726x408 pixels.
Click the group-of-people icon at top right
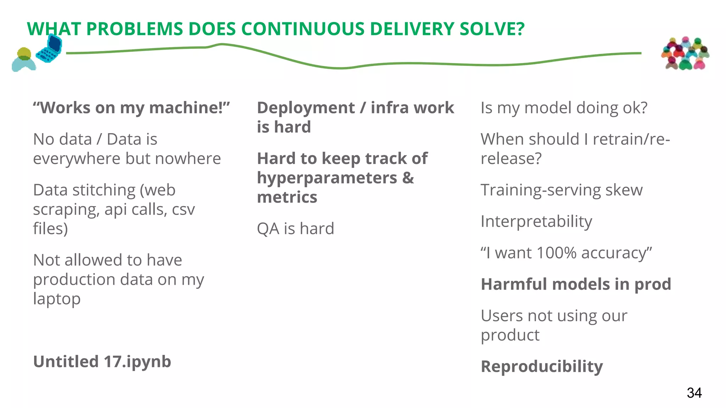[685, 53]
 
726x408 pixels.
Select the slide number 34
[694, 393]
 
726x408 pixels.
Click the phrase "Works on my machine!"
[131, 108]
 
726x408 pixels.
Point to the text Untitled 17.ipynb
[102, 362]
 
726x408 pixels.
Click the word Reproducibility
[542, 367]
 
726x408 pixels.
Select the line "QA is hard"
[295, 229]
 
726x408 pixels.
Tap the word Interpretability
[536, 221]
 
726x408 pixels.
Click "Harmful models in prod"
[576, 284]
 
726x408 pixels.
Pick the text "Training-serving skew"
[562, 190]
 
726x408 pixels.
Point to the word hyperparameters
[327, 178]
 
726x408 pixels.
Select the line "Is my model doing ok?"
[564, 108]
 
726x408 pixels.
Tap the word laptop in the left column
[57, 299]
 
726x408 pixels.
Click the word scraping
[66, 210]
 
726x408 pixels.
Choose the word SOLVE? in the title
[492, 29]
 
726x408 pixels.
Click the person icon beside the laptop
[24, 60]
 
